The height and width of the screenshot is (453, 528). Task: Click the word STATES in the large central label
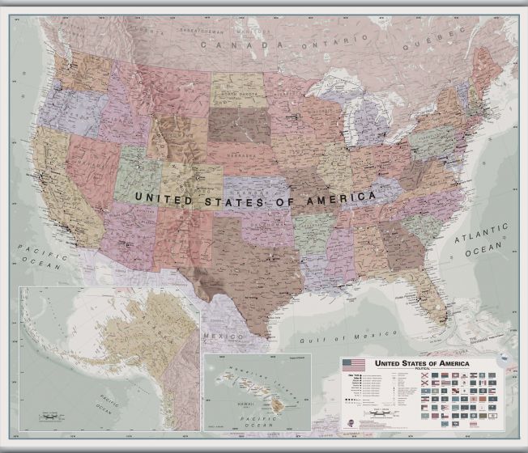point(230,197)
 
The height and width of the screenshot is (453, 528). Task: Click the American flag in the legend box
point(354,366)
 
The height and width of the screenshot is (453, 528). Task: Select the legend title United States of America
point(420,363)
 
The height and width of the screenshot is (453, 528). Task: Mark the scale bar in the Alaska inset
point(50,417)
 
